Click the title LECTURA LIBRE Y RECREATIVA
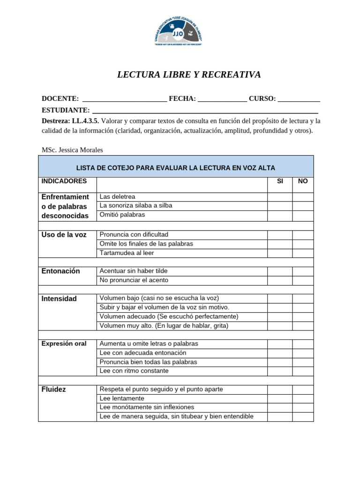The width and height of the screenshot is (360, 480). click(188, 75)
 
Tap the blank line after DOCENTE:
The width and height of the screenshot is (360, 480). click(124, 99)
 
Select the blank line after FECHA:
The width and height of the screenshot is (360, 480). click(222, 99)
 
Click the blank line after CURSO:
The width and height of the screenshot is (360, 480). click(299, 99)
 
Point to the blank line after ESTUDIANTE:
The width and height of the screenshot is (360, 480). click(205, 111)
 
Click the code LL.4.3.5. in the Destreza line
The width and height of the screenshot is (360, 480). click(85, 121)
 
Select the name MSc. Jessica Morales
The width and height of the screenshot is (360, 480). click(72, 150)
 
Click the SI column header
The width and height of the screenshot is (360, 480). click(280, 181)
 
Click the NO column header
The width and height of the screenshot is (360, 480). click(303, 181)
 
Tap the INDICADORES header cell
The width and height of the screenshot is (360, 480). click(64, 181)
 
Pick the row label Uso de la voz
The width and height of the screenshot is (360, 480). click(64, 235)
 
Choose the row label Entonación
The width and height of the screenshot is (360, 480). click(61, 271)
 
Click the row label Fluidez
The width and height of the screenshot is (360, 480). click(54, 390)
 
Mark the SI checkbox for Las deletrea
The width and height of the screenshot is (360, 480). click(280, 197)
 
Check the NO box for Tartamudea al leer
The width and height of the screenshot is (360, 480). click(303, 253)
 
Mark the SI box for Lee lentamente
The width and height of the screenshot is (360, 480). click(280, 398)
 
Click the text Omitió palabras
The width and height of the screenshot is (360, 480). click(122, 215)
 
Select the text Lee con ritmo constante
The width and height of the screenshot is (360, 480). click(134, 371)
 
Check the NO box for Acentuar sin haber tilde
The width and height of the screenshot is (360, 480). click(303, 271)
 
